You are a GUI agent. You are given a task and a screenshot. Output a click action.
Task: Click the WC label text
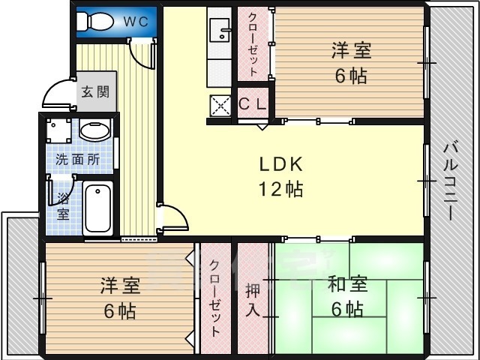135,22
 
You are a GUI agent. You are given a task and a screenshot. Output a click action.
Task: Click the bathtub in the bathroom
97,208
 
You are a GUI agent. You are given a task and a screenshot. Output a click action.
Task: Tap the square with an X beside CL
221,106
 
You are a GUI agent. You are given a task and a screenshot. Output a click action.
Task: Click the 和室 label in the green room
346,285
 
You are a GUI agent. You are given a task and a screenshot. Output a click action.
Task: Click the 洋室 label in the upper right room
351,52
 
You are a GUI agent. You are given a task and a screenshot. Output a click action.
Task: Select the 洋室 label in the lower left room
120,286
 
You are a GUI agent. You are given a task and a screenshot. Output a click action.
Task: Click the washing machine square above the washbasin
58,132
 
